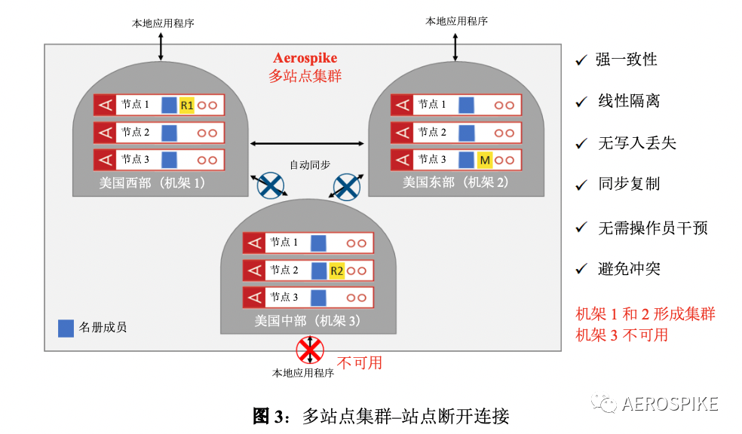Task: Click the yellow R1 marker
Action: pos(187,105)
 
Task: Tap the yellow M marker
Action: pos(485,160)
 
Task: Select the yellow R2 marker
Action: pos(336,270)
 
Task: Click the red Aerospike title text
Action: pos(305,58)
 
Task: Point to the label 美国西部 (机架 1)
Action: pos(152,182)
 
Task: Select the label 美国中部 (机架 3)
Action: pos(308,320)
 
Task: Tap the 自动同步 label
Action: pos(310,164)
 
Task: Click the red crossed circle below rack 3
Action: pos(308,350)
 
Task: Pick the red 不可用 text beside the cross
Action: pos(359,362)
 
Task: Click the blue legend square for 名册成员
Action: pos(66,328)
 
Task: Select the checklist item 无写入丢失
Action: pos(637,143)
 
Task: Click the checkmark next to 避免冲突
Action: pos(581,269)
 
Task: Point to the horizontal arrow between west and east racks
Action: pos(308,143)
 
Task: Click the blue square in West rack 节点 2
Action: pos(170,133)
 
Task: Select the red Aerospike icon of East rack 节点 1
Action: pos(401,105)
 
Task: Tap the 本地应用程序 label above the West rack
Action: pos(163,23)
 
